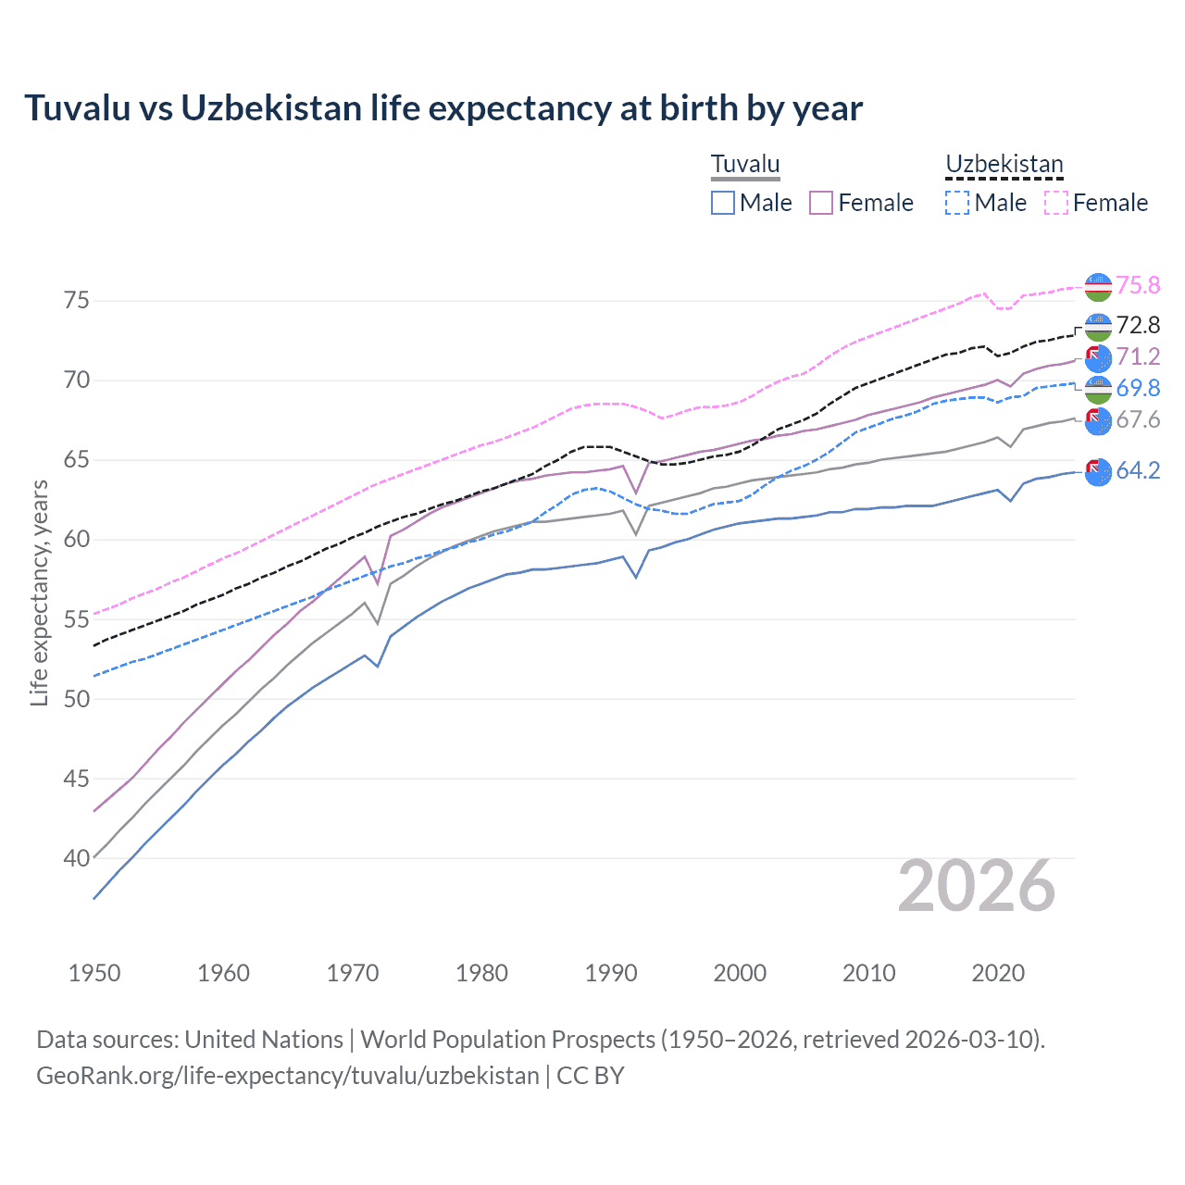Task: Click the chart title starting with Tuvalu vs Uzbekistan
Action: [x=443, y=108]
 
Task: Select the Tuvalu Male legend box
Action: [x=723, y=203]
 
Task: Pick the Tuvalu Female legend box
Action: [x=821, y=203]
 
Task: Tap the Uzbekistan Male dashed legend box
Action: [x=957, y=203]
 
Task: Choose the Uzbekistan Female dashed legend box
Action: [x=1056, y=203]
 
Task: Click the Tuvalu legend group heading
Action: [x=745, y=165]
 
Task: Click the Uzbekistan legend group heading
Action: [x=1004, y=165]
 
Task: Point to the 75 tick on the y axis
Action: [x=77, y=301]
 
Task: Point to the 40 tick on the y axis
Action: [x=77, y=859]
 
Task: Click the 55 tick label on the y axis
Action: [x=77, y=620]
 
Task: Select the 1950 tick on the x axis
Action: [x=94, y=973]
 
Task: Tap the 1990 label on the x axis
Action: [x=611, y=973]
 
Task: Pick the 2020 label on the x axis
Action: [x=998, y=973]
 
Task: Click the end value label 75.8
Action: [x=1138, y=286]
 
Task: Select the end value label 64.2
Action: [x=1138, y=471]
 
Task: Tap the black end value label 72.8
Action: [x=1138, y=325]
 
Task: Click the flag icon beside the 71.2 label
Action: [x=1098, y=358]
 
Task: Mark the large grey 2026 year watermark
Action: [x=976, y=886]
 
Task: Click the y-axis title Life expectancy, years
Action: [x=40, y=592]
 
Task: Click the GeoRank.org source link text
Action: [x=288, y=1076]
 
